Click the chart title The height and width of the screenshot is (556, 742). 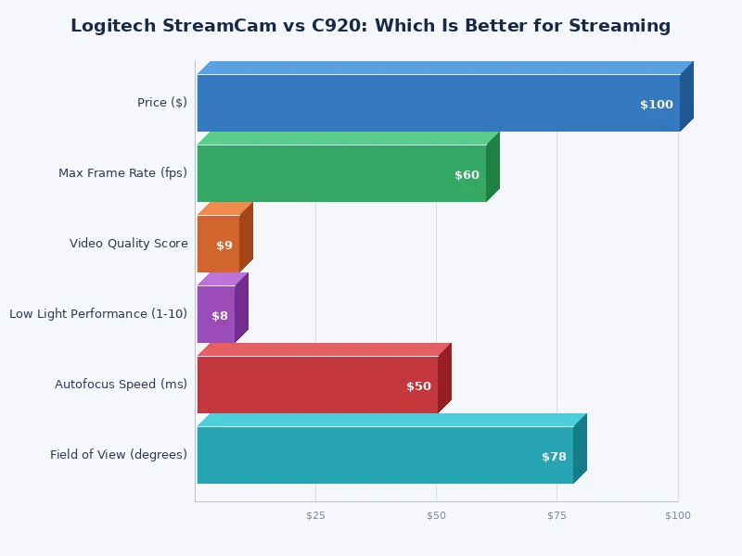click(370, 26)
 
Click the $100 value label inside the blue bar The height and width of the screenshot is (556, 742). click(656, 105)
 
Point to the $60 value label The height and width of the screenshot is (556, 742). click(467, 175)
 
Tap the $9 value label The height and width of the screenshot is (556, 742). click(224, 246)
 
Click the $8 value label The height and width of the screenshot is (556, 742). click(220, 316)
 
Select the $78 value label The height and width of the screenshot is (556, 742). click(554, 457)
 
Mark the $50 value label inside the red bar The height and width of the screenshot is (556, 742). click(418, 386)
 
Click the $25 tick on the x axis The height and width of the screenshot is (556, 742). click(315, 515)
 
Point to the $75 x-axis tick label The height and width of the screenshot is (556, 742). click(556, 515)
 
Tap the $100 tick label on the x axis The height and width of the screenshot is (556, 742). click(678, 515)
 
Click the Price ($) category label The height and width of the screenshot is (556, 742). click(162, 103)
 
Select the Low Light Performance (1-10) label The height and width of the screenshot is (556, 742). click(98, 314)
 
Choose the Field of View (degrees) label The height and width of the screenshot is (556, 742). click(119, 455)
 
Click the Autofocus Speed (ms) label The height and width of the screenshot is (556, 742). click(121, 385)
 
